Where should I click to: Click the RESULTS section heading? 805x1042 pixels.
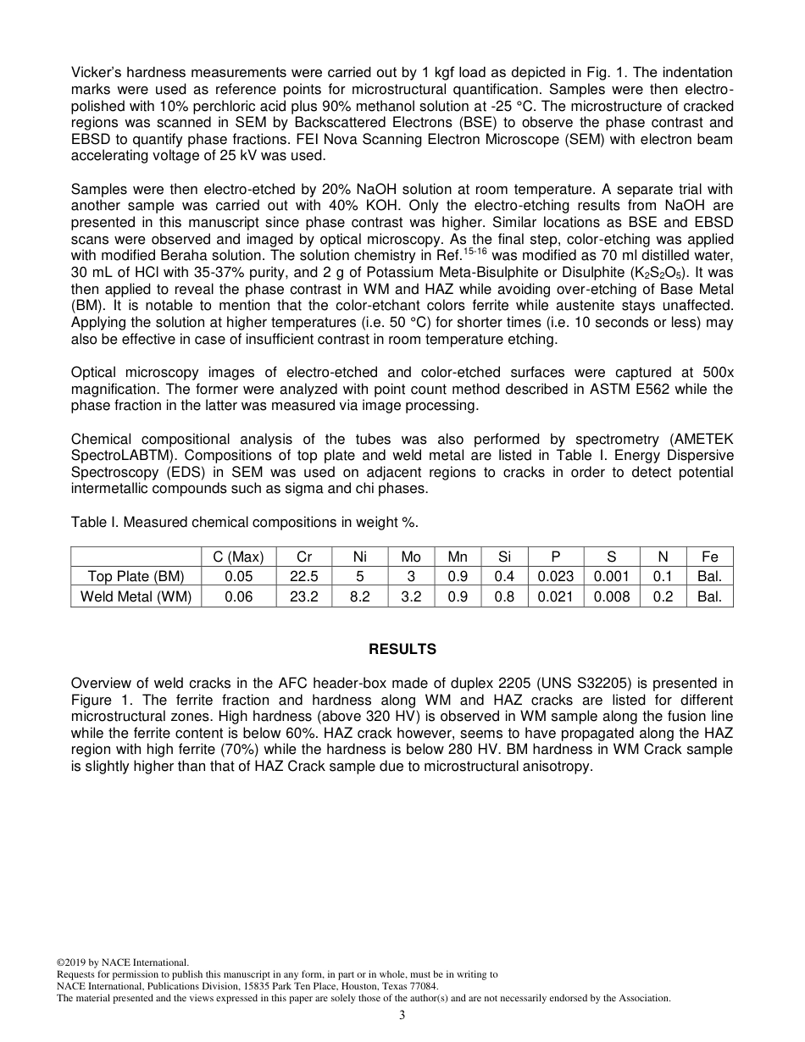pyautogui.click(x=402, y=649)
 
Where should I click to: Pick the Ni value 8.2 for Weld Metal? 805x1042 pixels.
pyautogui.click(x=359, y=596)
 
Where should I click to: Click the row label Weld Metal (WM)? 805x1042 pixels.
pyautogui.click(x=136, y=596)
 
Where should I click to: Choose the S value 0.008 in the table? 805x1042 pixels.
pyautogui.click(x=611, y=596)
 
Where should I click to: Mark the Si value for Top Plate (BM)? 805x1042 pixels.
pyautogui.click(x=504, y=576)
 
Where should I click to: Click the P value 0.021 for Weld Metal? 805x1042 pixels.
pyautogui.click(x=556, y=596)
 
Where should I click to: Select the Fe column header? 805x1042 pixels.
pyautogui.click(x=709, y=557)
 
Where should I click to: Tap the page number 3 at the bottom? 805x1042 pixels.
pyautogui.click(x=402, y=1016)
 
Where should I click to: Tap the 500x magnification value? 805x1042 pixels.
pyautogui.click(x=718, y=372)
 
